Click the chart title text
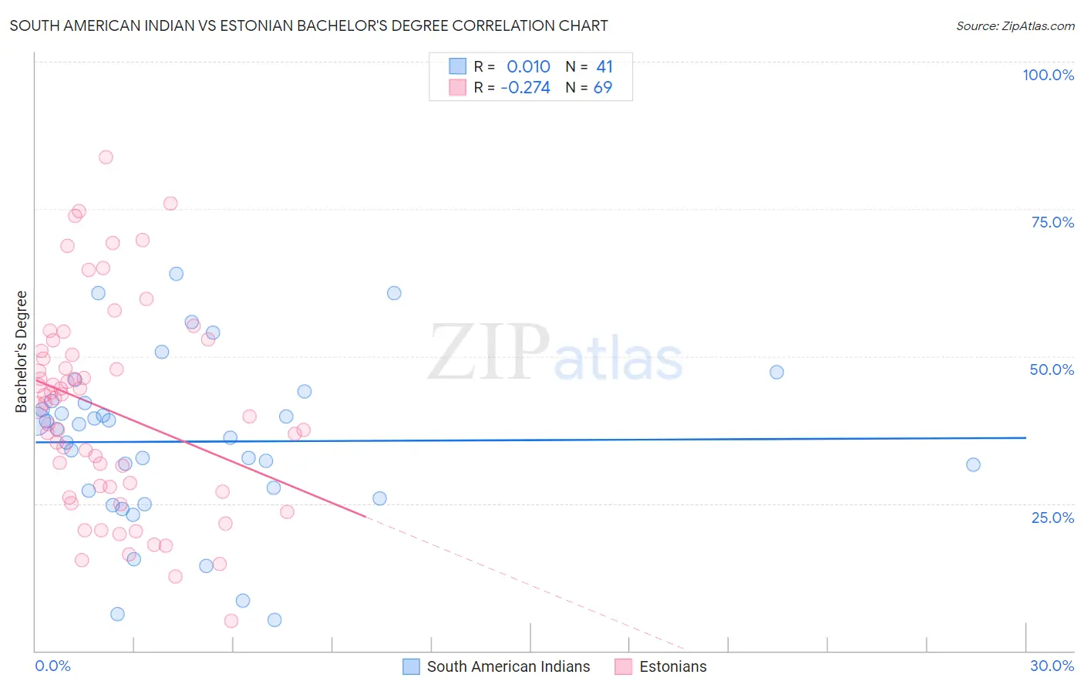[x=308, y=26]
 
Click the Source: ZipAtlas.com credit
[x=1015, y=26]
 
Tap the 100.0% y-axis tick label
[x=1048, y=75]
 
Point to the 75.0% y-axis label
[x=1052, y=222]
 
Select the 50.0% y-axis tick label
[x=1052, y=369]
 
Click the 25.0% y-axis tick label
[x=1052, y=518]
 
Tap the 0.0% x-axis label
[x=52, y=666]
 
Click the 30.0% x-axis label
[x=1052, y=666]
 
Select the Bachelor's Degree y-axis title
[x=22, y=352]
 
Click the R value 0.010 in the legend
[x=528, y=67]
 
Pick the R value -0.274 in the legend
[x=525, y=88]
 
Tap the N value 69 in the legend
[x=602, y=88]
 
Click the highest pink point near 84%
[x=106, y=157]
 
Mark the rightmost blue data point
[x=973, y=464]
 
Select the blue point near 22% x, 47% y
[x=776, y=372]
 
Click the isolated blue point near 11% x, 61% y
[x=394, y=293]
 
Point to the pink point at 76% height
[x=170, y=204]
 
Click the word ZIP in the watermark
[x=489, y=353]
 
